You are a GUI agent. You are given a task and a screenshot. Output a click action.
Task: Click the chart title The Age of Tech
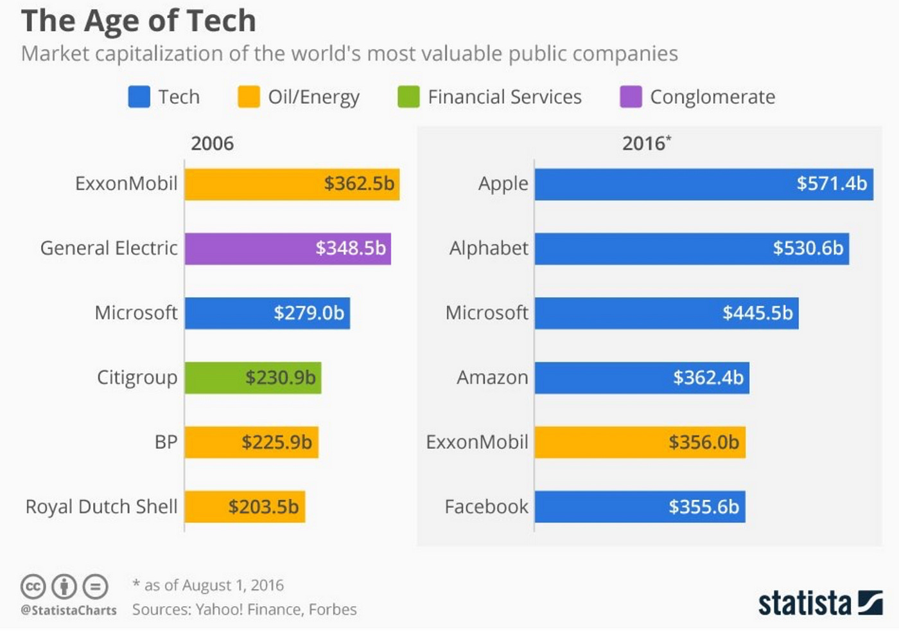point(138,21)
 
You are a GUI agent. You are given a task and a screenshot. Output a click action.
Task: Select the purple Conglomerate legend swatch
point(631,97)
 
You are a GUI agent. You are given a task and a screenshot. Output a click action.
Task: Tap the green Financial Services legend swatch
point(408,97)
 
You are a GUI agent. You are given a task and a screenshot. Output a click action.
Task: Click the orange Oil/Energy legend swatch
point(249,97)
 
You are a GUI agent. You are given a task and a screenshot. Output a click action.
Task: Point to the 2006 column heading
point(212,143)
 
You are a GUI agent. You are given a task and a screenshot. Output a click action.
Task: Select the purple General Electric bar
point(288,249)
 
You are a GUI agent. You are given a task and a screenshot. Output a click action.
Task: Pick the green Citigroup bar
point(253,377)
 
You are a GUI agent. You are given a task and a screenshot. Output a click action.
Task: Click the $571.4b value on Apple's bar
point(832,184)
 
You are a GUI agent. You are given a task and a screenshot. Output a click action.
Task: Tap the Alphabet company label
point(489,248)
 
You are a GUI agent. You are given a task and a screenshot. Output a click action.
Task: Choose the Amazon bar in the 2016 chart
point(642,377)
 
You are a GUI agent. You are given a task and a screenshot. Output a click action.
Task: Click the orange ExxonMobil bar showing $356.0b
point(640,442)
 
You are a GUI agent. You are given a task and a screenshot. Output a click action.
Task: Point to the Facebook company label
point(486,507)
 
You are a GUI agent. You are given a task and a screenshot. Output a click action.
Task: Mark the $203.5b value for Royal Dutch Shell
point(263,507)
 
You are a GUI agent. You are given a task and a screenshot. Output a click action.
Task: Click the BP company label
point(166,442)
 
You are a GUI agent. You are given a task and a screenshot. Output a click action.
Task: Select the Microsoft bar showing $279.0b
point(267,313)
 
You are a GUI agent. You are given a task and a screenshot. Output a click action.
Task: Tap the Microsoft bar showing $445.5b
point(667,313)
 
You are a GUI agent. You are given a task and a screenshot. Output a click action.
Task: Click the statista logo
point(820,603)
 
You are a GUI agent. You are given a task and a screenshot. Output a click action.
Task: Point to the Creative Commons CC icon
point(33,586)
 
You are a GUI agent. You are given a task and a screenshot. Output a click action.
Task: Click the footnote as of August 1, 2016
point(208,585)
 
